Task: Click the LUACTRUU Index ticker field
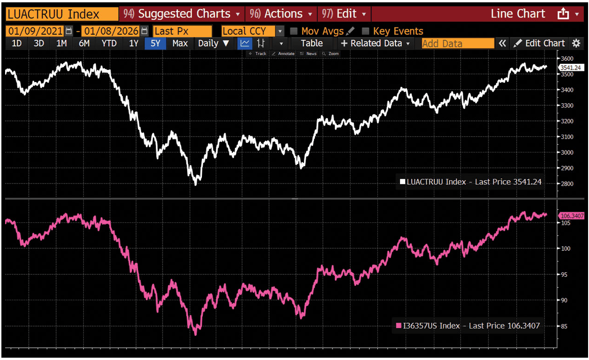coord(61,14)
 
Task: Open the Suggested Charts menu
coord(181,14)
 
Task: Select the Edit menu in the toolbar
coord(345,14)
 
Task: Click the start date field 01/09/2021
coord(35,31)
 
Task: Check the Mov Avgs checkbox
coord(294,31)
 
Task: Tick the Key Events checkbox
coord(366,31)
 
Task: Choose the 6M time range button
coord(84,44)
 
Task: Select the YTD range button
coord(109,44)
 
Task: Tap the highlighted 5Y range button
coord(155,44)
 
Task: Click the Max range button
coord(180,44)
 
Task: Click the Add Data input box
coord(457,44)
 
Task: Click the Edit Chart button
coord(539,44)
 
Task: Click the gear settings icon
coord(576,44)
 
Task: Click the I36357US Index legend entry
coord(468,326)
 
